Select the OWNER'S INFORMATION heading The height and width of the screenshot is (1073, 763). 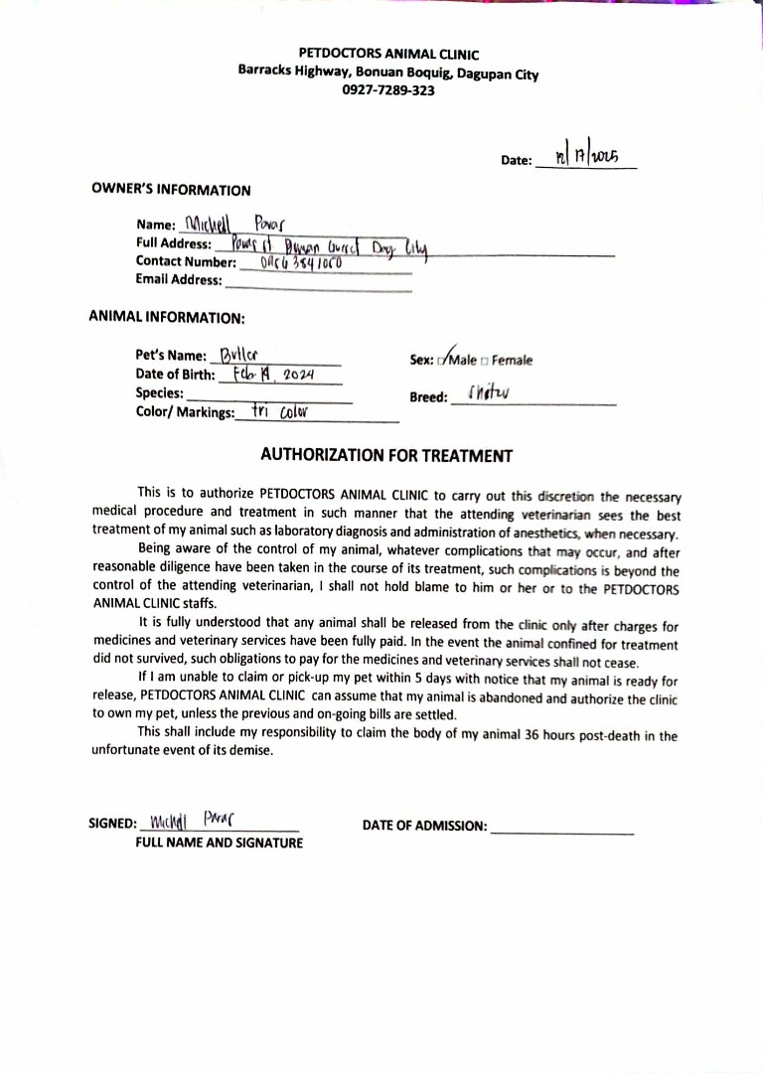(171, 190)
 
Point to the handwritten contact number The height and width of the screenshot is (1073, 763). (300, 263)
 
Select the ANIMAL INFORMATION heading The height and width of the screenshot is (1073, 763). (167, 318)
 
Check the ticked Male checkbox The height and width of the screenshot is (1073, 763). (441, 360)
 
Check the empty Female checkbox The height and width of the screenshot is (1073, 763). (485, 361)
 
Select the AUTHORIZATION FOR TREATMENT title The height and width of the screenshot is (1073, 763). (386, 456)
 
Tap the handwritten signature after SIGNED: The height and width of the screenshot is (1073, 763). (189, 822)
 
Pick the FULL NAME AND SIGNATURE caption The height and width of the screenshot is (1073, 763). (220, 843)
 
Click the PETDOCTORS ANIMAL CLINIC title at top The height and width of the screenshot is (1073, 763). (388, 55)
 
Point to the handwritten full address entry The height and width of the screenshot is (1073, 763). (327, 244)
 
